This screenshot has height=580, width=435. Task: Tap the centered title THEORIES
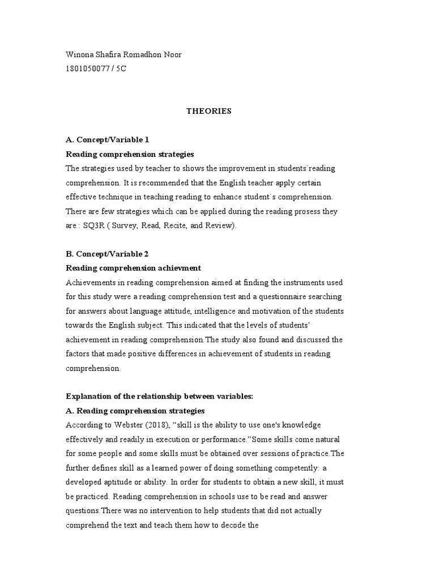coord(209,111)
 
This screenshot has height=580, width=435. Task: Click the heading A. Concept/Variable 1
coord(108,139)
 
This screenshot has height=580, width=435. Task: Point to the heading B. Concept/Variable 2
coord(108,254)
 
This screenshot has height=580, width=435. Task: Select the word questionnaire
coord(267,296)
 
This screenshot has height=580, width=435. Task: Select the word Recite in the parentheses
coord(182,225)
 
